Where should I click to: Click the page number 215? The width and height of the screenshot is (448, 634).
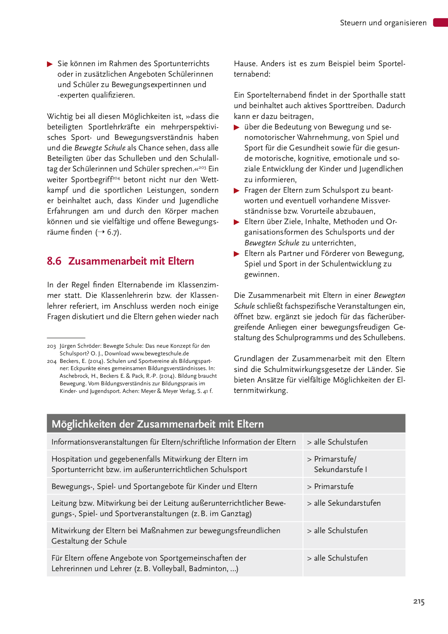419,601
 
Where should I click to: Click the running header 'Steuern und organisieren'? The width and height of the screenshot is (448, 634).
383,23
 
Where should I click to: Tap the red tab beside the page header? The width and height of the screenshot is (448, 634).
440,22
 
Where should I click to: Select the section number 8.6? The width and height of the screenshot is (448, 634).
54,261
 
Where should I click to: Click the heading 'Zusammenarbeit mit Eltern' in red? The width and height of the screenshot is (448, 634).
131,261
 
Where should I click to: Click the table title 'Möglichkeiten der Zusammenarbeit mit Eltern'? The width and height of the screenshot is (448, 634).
158,424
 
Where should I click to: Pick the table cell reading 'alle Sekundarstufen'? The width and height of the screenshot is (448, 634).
347,503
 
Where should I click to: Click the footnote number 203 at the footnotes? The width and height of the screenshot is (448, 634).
51,346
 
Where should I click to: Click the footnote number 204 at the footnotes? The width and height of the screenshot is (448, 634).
51,361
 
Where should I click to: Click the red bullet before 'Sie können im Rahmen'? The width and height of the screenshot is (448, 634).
50,64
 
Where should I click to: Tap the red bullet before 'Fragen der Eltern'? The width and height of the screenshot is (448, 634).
237,190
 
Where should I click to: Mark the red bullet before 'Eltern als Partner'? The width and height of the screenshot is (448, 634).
237,254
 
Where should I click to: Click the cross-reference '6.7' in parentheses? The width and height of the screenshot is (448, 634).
112,232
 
